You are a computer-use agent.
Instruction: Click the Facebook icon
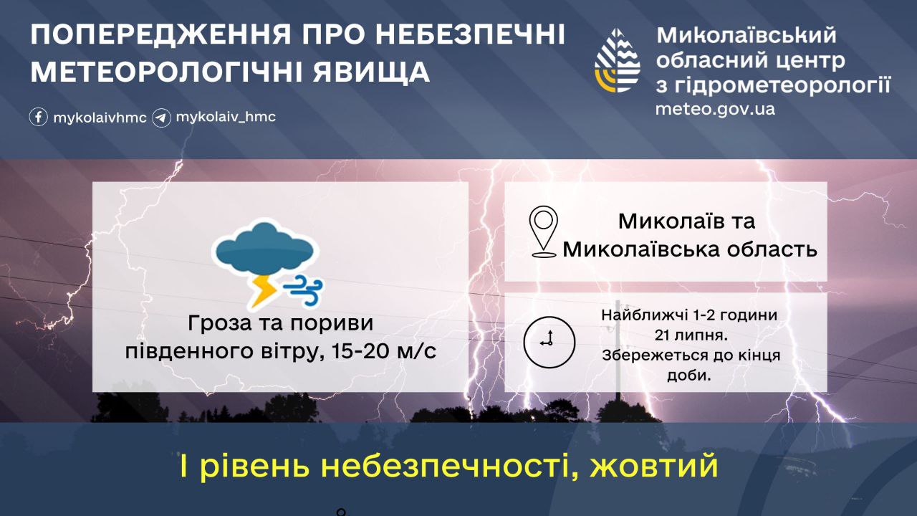[x=39, y=117]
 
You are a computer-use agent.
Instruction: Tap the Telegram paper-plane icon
[x=162, y=118]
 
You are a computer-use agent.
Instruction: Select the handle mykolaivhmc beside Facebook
[x=100, y=118]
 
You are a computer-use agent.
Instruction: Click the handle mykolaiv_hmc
[x=226, y=117]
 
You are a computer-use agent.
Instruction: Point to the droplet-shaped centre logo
[x=618, y=60]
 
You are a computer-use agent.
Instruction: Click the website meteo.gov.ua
[x=715, y=110]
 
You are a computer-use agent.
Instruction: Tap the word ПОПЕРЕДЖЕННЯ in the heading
[x=160, y=35]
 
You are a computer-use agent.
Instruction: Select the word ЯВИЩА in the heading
[x=371, y=72]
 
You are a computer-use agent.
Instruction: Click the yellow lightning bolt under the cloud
[x=263, y=291]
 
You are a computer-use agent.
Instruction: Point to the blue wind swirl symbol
[x=304, y=290]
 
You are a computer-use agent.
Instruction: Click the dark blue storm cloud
[x=265, y=248]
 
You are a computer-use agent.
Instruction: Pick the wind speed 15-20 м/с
[x=384, y=351]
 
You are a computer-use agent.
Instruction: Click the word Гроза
[x=220, y=323]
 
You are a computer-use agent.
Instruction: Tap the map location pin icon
[x=543, y=231]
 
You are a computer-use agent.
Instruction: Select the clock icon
[x=549, y=342]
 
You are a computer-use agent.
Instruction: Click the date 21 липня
[x=691, y=335]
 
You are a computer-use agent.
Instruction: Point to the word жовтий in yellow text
[x=654, y=466]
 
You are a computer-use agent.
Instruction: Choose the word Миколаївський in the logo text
[x=746, y=36]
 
